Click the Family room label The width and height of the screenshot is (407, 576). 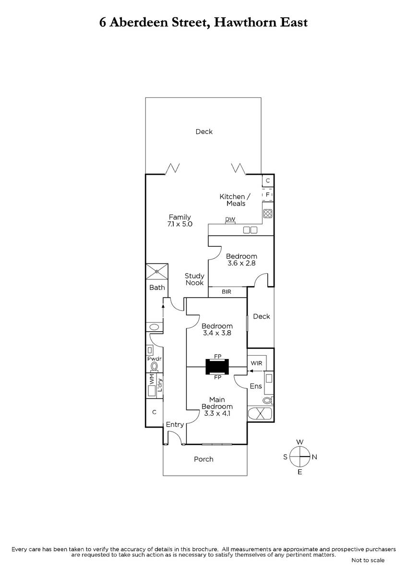tap(180, 217)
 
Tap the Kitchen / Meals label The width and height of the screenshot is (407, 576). tap(235, 200)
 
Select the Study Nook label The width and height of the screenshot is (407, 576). tap(194, 279)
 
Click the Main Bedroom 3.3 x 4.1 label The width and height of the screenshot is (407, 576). tap(217, 407)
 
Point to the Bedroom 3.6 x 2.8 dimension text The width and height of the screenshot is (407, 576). tap(241, 263)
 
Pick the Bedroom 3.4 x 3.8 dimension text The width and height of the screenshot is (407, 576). tap(217, 333)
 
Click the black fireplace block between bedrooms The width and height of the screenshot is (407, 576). tap(217, 367)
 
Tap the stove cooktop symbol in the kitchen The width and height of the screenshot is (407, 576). tap(268, 214)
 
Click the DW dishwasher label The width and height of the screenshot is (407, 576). tap(230, 219)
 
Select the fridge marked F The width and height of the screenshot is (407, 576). tap(267, 195)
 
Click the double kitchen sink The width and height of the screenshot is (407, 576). tap(250, 230)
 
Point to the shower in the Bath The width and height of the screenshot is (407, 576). tap(157, 271)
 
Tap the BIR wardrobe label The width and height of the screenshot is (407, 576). tap(227, 292)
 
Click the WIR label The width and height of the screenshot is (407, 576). tap(256, 363)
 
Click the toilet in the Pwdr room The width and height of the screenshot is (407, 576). tap(154, 366)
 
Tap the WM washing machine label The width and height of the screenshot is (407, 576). tap(152, 379)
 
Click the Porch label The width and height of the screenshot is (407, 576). tap(203, 459)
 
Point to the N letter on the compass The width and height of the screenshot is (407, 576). tap(314, 457)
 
